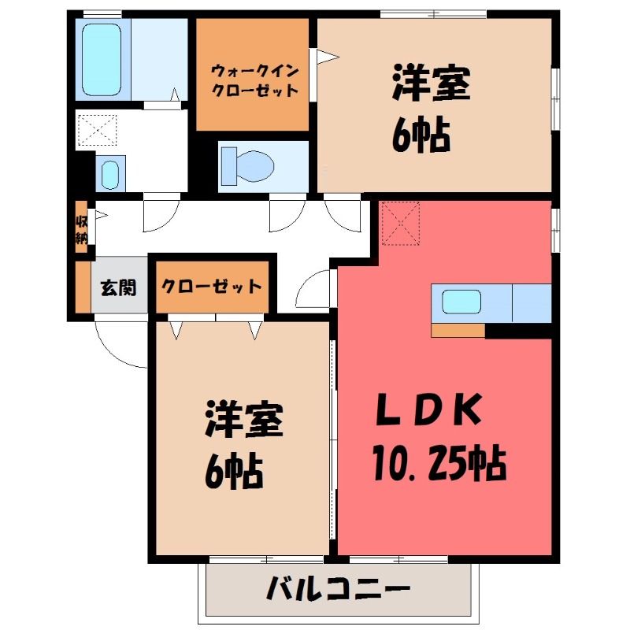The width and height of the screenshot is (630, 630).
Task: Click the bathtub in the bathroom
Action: (102, 60)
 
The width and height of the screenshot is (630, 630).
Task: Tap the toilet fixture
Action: (247, 166)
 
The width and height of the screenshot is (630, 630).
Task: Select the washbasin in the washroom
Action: (110, 174)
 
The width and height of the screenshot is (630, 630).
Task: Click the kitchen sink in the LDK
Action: (461, 302)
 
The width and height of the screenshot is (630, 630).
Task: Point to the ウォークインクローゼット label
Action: (254, 81)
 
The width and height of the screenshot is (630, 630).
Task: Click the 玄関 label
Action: (118, 287)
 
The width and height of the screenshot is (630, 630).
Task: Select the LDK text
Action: (428, 409)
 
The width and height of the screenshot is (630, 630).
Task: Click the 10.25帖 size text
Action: (439, 462)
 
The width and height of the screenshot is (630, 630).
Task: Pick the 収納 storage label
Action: (82, 230)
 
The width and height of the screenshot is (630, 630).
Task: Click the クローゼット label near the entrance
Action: (211, 287)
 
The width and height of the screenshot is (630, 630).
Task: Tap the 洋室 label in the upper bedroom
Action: (431, 83)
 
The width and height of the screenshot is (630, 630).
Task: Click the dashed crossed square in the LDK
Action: (401, 224)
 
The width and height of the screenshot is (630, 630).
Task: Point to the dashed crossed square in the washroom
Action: (97, 130)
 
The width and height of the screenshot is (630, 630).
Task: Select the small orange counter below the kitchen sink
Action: (458, 331)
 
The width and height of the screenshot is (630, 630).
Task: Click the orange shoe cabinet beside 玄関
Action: (83, 287)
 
